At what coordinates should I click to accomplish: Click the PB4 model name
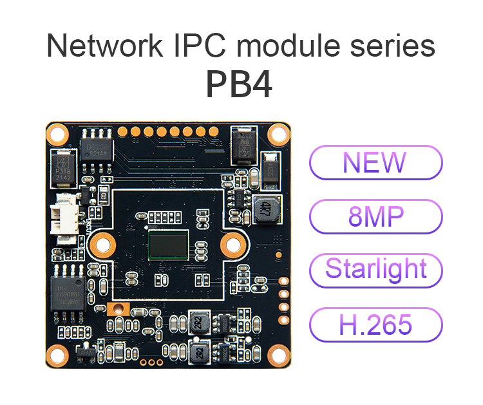click(239, 84)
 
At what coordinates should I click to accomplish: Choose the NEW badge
click(376, 162)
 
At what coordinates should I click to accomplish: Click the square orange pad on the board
click(117, 310)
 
